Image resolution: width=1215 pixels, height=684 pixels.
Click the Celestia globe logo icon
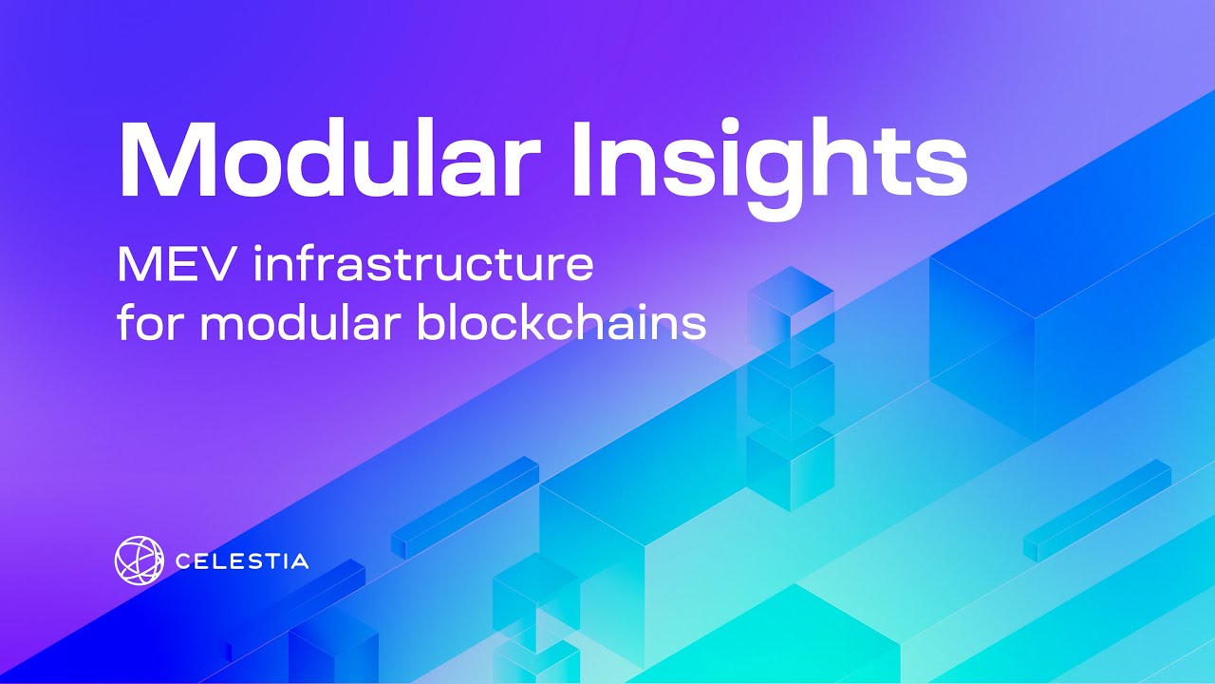click(x=139, y=560)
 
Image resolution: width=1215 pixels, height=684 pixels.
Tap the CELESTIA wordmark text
click(x=242, y=561)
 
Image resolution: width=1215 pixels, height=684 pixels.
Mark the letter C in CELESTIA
click(x=183, y=561)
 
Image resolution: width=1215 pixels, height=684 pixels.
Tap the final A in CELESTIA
click(x=298, y=561)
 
